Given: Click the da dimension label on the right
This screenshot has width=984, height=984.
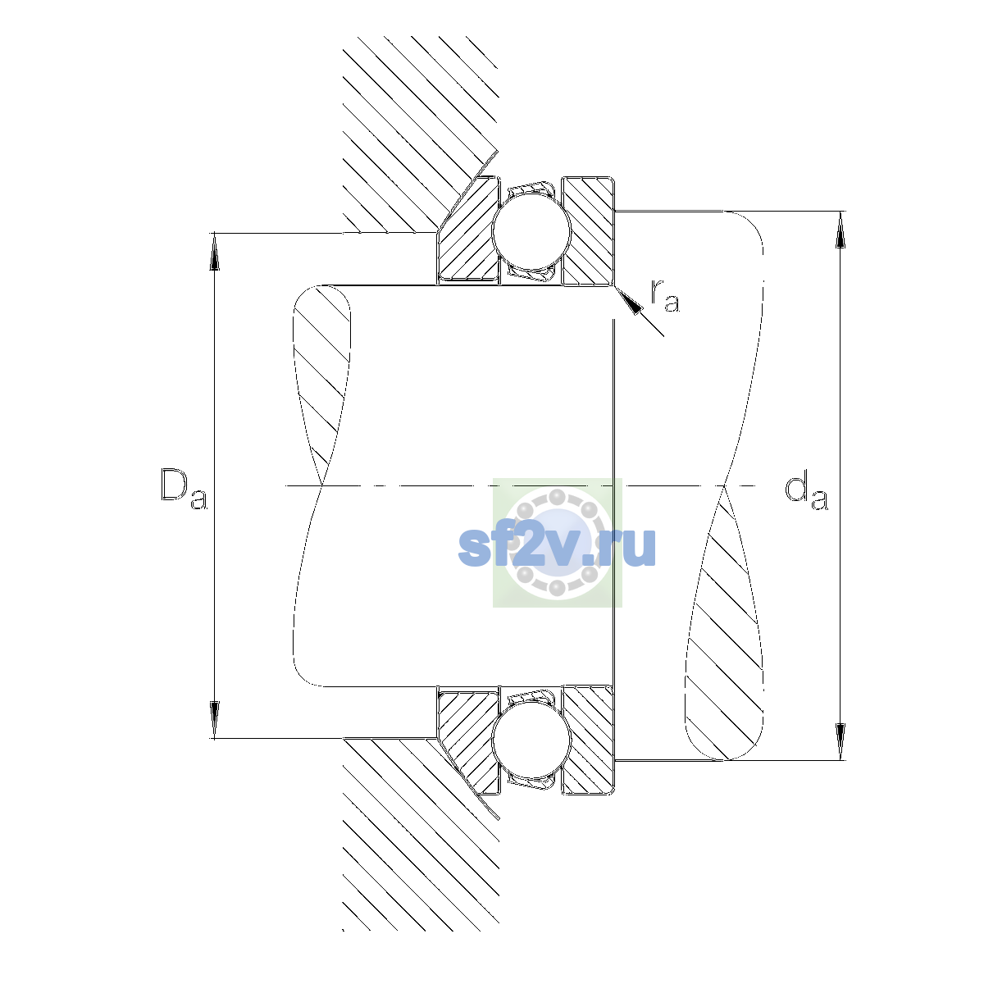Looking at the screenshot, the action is coord(806,492).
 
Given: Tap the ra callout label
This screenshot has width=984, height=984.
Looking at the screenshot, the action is coord(665,296).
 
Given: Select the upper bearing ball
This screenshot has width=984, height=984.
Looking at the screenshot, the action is coord(531,230).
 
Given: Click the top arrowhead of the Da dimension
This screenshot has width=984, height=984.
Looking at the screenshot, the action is coord(215,251).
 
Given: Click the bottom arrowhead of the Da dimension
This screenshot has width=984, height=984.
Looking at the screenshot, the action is coord(215,720).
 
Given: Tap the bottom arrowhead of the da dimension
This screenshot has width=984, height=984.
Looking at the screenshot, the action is coord(840,741).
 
